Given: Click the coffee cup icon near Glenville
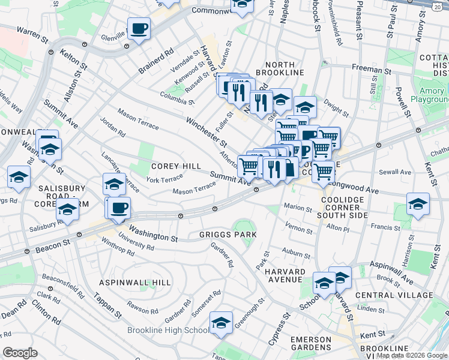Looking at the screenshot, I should tap(139, 28).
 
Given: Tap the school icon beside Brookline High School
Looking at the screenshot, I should tap(221, 323).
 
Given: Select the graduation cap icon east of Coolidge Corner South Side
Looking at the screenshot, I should tap(418, 203).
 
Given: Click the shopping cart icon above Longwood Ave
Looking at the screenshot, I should tap(324, 172).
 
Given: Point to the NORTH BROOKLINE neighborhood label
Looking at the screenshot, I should tap(276, 68).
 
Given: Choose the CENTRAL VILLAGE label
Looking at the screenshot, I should tap(394, 295).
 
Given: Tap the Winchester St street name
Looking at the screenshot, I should tap(206, 131).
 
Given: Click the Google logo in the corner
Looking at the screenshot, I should tap(20, 352).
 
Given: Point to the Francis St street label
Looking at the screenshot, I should tap(385, 227).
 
